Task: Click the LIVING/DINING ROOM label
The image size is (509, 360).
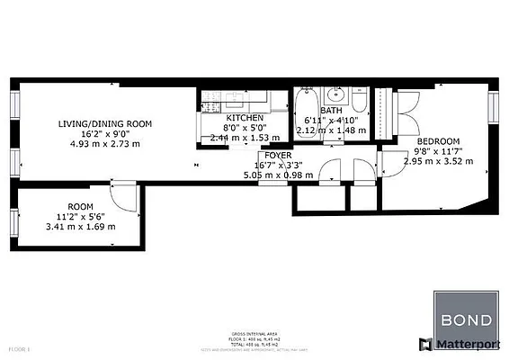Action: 105,122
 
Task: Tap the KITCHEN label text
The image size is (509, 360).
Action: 245,118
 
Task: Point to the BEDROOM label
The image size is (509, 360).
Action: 437,141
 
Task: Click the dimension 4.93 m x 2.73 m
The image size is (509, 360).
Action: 105,143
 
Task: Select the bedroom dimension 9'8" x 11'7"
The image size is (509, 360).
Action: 437,152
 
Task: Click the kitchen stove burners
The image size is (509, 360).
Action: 210,97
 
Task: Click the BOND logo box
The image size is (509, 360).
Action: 464,312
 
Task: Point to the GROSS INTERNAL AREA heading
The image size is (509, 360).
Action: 254,330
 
